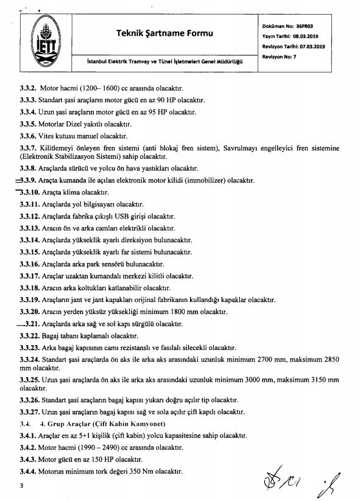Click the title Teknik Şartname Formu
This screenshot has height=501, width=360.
164,33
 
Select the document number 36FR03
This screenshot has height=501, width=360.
303,27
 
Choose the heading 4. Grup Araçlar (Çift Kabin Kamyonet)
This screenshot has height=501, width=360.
97,423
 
